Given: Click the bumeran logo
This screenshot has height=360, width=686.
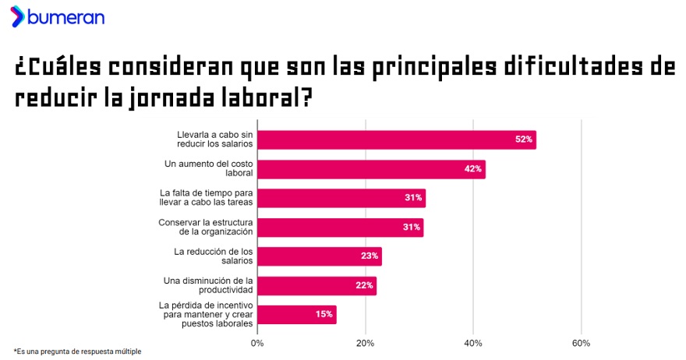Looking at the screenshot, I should coord(58,17).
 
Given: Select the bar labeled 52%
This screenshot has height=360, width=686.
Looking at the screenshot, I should coord(396,139).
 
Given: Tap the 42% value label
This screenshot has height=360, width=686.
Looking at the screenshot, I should coord(472,169).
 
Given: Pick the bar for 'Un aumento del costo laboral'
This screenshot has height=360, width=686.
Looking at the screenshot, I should coord(371,169).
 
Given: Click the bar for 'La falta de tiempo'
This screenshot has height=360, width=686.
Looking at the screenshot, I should coord(341,198).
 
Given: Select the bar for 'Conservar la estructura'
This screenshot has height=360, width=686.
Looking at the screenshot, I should coord(340,228).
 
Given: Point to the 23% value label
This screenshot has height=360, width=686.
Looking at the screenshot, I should coord(370,256).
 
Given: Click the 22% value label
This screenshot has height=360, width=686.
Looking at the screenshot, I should coord(364,285).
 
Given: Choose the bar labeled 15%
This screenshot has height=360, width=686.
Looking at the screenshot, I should coord(296,315).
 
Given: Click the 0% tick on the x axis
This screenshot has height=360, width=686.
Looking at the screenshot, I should coord(257,343).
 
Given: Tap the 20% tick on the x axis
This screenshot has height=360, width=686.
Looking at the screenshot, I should coord(365,343).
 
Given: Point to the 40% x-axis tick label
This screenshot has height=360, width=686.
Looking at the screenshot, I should coord(473,343).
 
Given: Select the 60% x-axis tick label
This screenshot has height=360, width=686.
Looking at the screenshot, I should coord(581,343).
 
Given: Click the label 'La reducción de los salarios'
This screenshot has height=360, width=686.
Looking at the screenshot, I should coord(214,256).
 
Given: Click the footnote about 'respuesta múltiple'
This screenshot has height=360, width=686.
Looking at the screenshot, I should coord(77,352).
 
